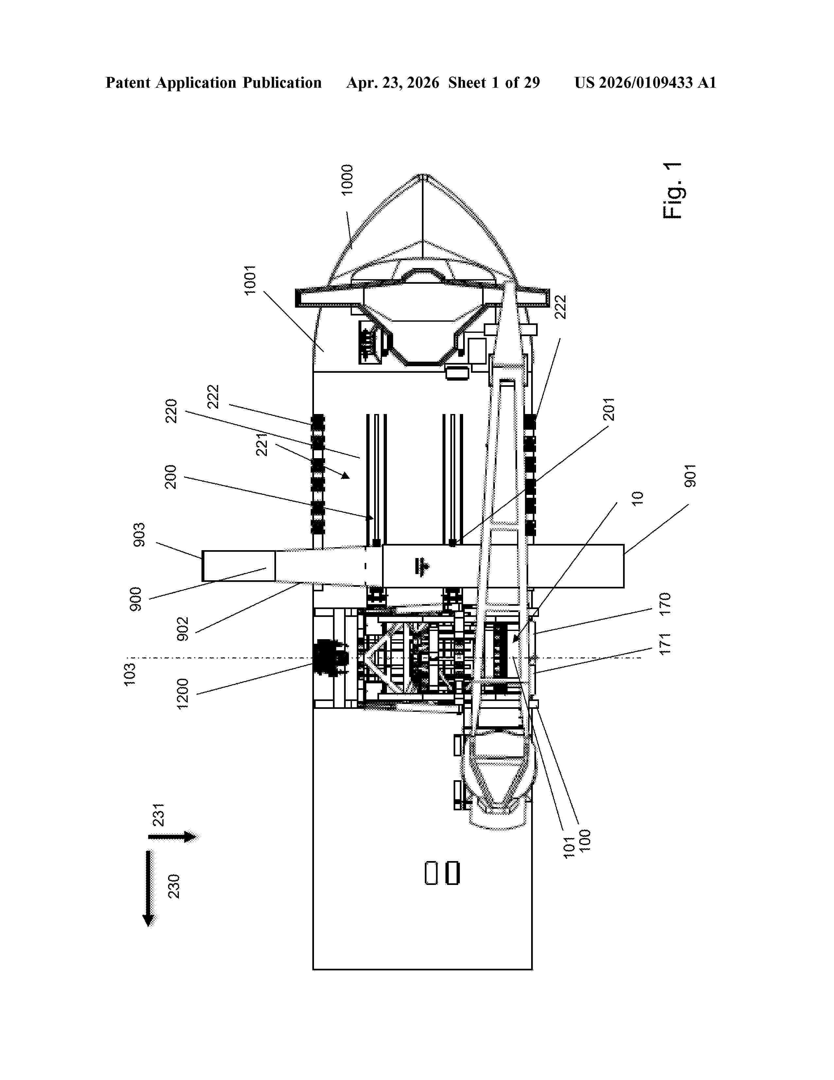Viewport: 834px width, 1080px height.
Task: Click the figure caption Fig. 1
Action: (x=673, y=190)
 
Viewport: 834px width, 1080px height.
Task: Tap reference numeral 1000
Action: (x=348, y=179)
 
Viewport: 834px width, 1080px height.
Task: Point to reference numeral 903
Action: (x=140, y=534)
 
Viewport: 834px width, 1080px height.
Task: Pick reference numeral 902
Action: (x=183, y=629)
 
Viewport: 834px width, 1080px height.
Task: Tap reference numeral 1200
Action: (x=183, y=694)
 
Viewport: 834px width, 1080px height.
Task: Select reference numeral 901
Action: (x=690, y=476)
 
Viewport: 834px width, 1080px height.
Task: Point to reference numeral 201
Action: (x=609, y=409)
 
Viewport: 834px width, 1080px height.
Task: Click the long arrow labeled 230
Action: (x=148, y=889)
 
